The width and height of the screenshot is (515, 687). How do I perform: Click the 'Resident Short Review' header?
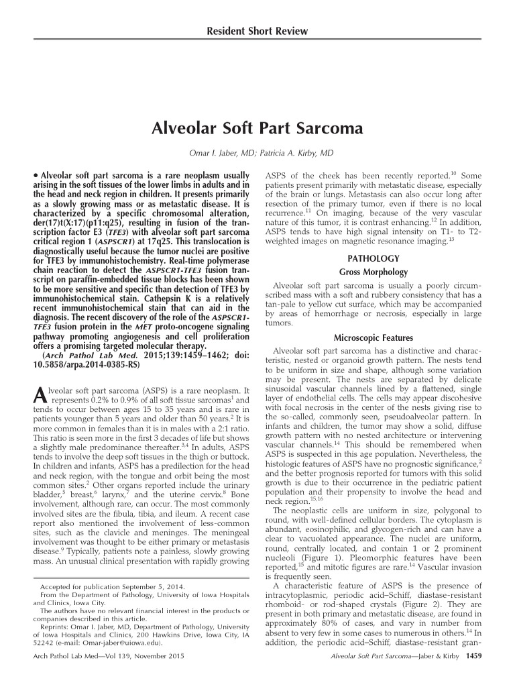tap(257, 31)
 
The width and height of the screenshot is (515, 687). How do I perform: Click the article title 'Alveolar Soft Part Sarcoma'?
tap(257, 127)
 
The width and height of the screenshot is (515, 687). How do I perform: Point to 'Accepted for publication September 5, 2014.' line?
tap(104, 587)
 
